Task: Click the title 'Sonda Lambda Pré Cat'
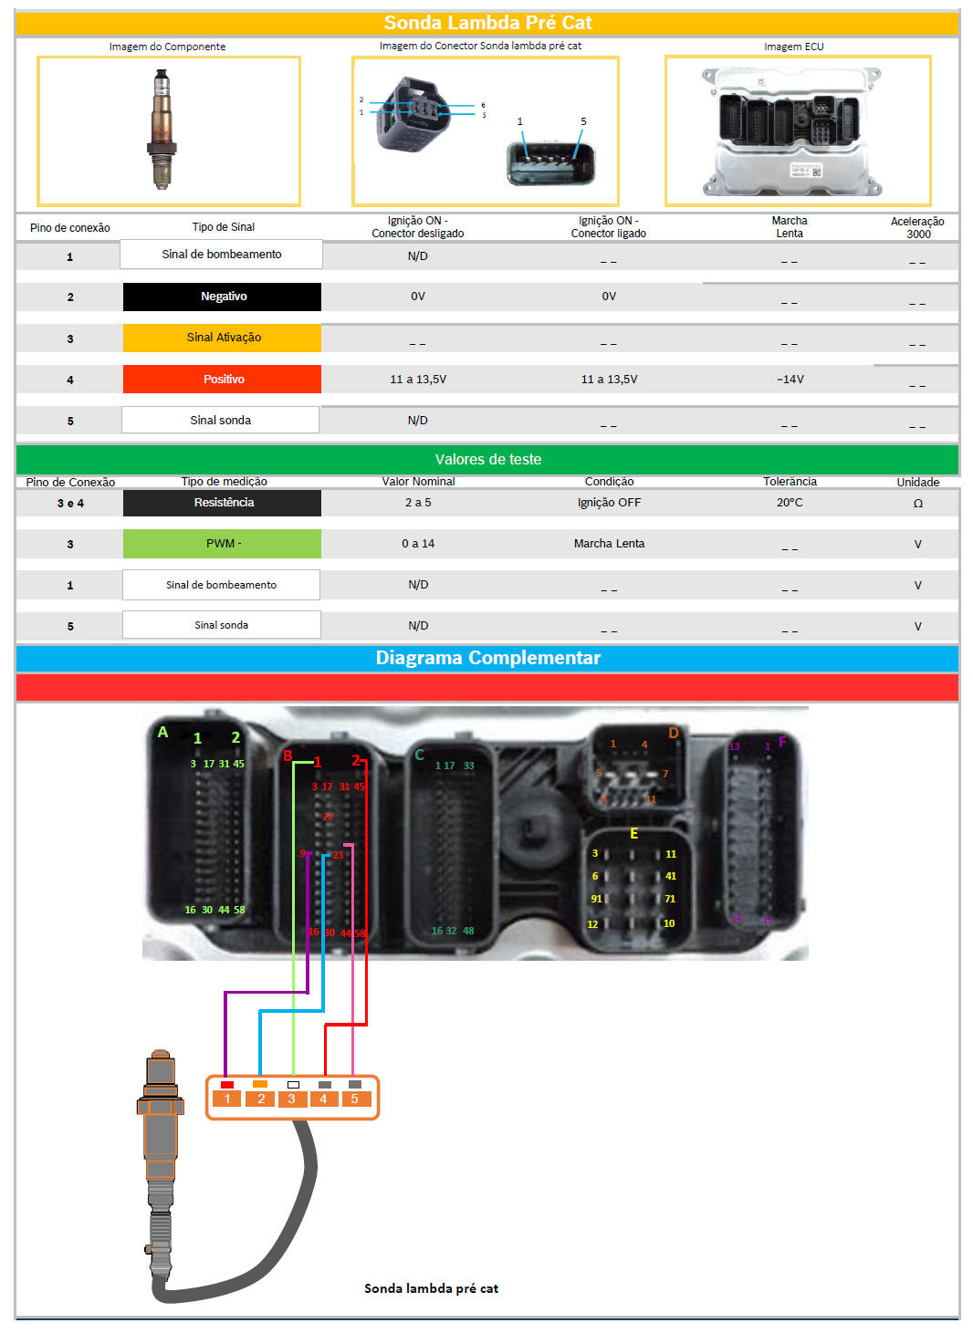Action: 487,23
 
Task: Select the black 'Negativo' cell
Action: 223,297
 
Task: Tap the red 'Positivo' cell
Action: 223,380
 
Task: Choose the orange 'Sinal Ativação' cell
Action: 223,338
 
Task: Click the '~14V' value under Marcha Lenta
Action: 790,380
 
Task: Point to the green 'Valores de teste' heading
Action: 487,460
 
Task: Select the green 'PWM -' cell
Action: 223,544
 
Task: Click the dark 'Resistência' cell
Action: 223,503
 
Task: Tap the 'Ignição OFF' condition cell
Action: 609,503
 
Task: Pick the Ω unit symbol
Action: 917,504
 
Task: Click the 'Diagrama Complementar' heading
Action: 487,658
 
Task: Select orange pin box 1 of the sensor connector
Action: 227,1099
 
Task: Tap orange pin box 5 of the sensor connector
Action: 354,1099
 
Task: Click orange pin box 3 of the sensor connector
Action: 291,1099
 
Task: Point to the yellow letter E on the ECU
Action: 633,834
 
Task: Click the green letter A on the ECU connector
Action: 162,732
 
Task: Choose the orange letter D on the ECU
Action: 674,733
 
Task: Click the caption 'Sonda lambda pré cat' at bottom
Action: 431,1288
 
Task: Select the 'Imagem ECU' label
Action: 793,47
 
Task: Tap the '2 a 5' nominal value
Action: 418,503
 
